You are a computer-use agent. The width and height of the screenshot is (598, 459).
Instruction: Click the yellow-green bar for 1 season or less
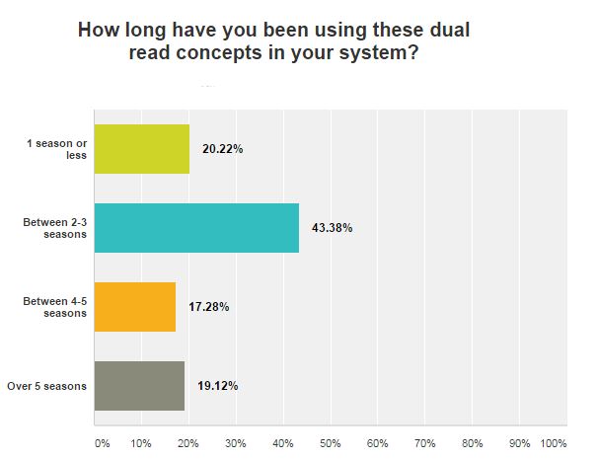pos(142,149)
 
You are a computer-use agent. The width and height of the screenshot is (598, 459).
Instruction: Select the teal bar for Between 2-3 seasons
pos(196,228)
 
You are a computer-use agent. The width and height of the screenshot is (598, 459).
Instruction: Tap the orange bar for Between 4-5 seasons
pos(135,307)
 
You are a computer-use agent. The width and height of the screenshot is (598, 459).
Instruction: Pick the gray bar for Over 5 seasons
pos(139,385)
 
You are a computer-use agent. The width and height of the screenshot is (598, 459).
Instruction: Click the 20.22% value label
pos(222,150)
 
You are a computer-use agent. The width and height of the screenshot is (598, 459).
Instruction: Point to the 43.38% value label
pos(332,228)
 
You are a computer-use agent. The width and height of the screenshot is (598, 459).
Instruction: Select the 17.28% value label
pos(208,307)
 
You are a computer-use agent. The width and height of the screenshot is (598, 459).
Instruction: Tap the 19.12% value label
pos(217,385)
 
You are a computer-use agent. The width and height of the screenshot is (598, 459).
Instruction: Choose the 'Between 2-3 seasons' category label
pos(55,228)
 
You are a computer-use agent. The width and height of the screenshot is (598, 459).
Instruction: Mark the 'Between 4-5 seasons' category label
pos(55,307)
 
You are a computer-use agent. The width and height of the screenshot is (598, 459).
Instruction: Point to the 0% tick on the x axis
pos(102,443)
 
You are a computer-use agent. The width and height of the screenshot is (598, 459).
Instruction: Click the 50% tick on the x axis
pos(330,443)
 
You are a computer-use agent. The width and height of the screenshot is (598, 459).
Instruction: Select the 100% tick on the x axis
pos(554,443)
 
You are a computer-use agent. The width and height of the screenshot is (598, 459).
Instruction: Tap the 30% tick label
pos(235,443)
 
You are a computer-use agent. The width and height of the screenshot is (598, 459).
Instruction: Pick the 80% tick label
pos(472,443)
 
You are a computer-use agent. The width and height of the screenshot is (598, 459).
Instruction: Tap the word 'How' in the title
pos(100,31)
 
